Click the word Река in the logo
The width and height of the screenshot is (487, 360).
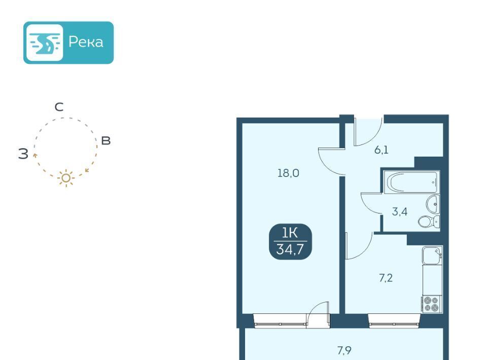[86, 42]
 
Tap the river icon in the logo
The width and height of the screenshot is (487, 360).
[45, 43]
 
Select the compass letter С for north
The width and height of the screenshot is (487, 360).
[59, 107]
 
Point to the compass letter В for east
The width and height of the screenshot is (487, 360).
[106, 140]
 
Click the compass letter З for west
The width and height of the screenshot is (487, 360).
[23, 154]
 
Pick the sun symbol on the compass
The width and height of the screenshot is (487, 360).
[66, 178]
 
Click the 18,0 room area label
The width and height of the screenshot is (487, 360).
[288, 173]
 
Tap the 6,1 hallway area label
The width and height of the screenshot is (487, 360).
[381, 150]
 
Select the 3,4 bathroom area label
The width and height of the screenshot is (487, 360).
[399, 211]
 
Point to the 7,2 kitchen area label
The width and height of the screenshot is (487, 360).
[386, 278]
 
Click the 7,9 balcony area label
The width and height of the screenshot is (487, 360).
[344, 350]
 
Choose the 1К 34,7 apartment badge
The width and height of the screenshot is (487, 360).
[290, 241]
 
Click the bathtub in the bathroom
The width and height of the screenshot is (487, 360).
[411, 182]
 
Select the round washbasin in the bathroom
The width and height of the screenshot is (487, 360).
[433, 204]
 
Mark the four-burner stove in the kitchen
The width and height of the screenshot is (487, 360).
[432, 304]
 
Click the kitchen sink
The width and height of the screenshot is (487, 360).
[432, 255]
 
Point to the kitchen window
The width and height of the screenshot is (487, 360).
[394, 320]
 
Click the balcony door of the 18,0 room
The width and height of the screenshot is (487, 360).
[318, 314]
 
